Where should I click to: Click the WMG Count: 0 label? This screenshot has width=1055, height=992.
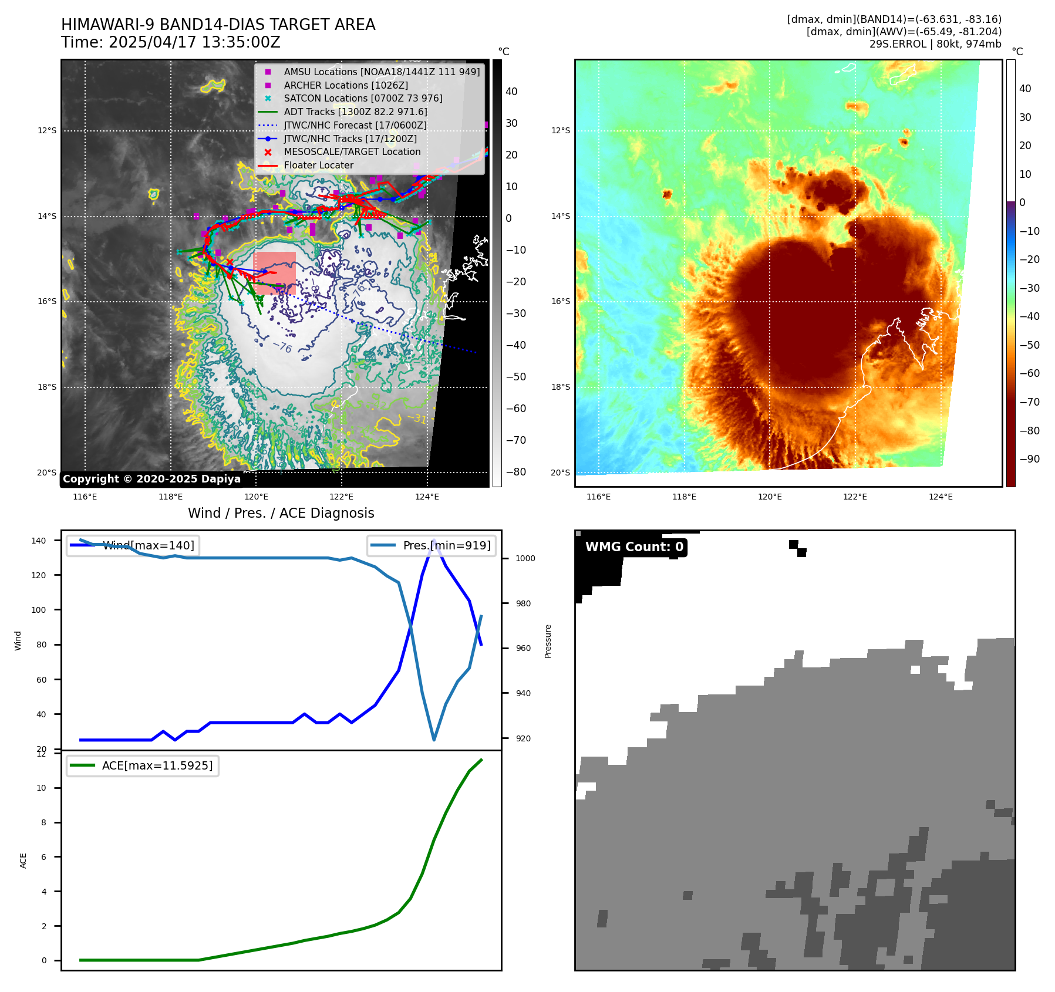[634, 547]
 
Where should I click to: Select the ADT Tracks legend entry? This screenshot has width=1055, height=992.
[355, 112]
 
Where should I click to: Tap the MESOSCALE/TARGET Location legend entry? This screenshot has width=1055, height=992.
[352, 151]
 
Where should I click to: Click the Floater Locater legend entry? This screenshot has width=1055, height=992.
[318, 165]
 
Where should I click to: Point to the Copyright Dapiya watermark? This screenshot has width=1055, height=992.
[151, 479]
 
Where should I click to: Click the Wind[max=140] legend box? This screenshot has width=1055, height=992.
[133, 545]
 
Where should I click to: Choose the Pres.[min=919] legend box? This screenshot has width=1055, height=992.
[432, 545]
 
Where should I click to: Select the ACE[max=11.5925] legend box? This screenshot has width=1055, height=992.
[143, 765]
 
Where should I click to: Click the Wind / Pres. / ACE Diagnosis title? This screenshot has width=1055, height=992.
[281, 513]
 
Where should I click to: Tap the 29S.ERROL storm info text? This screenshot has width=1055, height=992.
[935, 44]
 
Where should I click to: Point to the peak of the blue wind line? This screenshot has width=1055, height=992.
[434, 541]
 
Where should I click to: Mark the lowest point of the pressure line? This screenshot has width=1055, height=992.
[434, 740]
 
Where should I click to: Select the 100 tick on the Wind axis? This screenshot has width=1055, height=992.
[39, 610]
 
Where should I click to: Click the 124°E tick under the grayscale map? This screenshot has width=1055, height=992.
[427, 497]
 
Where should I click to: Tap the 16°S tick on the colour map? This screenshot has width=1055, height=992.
[560, 302]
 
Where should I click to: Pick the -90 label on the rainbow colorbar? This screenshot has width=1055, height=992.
[1029, 459]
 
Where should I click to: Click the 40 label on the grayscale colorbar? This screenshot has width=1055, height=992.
[511, 92]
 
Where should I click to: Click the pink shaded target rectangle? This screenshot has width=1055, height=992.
[274, 272]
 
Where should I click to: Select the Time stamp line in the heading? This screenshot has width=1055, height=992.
[170, 42]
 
